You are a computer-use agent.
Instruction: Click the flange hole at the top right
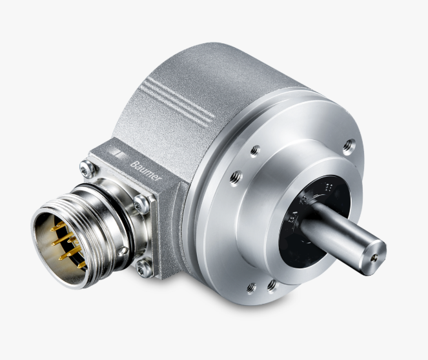pos(349,146)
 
